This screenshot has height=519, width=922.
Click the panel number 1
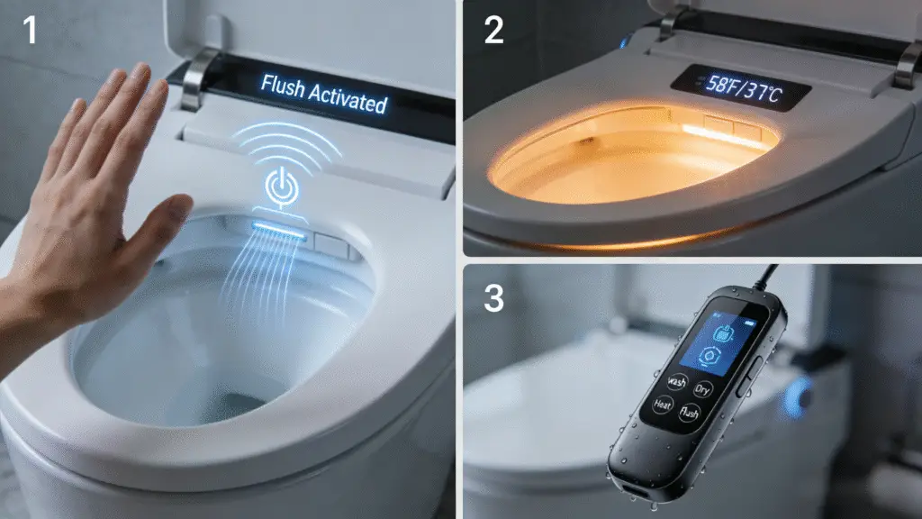pyautogui.click(x=30, y=30)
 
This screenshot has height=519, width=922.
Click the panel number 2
pyautogui.click(x=494, y=30)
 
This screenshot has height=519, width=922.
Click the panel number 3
pyautogui.click(x=494, y=298)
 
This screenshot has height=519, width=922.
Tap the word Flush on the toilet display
pyautogui.click(x=283, y=87)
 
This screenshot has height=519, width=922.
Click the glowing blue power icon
pyautogui.click(x=282, y=187)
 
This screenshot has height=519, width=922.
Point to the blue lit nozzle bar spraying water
pyautogui.click(x=279, y=230)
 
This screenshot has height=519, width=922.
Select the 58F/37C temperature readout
pyautogui.click(x=743, y=89)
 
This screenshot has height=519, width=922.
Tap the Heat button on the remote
pyautogui.click(x=663, y=405)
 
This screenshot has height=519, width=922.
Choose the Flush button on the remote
pyautogui.click(x=689, y=413)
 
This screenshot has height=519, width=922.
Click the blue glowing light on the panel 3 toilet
pyautogui.click(x=798, y=397)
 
